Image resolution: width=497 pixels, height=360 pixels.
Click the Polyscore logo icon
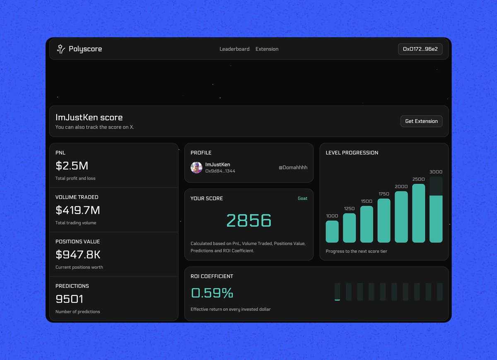[61, 49]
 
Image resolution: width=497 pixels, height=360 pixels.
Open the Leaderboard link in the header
[234, 49]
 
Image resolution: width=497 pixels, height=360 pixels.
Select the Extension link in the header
[267, 49]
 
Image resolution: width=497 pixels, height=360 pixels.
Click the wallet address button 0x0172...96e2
[420, 49]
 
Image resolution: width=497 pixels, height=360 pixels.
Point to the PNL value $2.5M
[72, 166]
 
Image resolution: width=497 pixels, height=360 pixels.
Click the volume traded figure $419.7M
[78, 210]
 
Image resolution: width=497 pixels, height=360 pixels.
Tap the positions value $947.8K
[78, 254]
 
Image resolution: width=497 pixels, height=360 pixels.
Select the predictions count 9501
[70, 299]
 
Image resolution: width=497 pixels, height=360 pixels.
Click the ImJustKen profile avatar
[196, 168]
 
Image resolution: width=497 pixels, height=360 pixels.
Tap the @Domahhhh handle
[293, 168]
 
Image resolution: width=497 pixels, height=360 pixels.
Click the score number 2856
[249, 221]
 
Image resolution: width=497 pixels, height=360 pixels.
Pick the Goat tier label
[302, 199]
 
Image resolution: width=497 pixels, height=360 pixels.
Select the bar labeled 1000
[332, 232]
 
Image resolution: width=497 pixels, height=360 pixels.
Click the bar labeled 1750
[384, 221]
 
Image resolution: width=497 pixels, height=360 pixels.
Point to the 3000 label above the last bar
[436, 172]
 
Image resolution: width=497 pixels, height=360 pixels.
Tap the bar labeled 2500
[419, 213]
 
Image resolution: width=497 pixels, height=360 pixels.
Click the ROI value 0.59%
[212, 293]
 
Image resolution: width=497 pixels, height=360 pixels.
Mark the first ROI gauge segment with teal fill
[337, 292]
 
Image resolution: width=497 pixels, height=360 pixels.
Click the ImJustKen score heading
[89, 118]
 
